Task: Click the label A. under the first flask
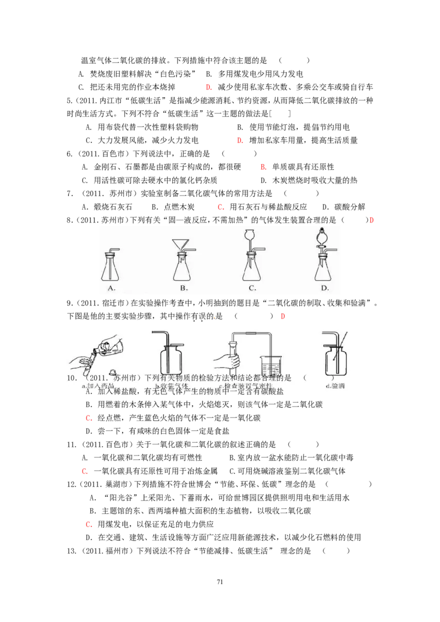coord(111,288)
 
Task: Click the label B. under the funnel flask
coord(183,288)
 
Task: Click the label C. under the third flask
coord(252,288)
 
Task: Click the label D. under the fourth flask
coord(324,288)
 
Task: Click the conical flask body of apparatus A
coord(112,270)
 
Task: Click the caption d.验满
coord(335,386)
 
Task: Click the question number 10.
coord(71,378)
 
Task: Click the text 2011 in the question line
coord(100,378)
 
